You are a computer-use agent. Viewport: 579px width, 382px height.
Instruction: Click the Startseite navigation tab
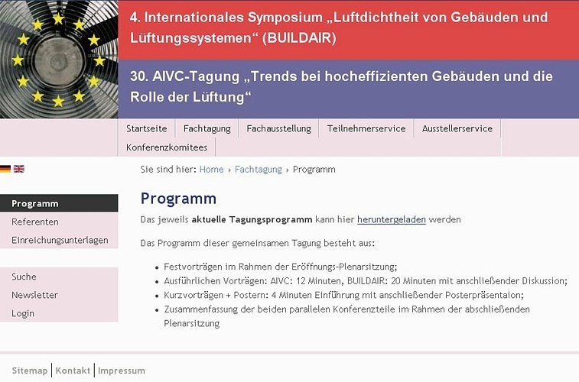[147, 128]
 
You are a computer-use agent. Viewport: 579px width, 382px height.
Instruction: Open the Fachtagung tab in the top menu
[207, 128]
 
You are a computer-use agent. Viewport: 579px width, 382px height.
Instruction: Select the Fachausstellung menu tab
[278, 128]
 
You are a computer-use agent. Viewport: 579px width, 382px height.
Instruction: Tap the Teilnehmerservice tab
[366, 128]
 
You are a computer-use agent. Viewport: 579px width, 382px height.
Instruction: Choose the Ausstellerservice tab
[457, 128]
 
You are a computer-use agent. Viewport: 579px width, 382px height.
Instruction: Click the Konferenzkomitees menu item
[167, 147]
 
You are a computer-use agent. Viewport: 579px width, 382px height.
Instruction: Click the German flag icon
[5, 169]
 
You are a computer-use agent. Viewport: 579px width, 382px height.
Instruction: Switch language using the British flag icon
[19, 169]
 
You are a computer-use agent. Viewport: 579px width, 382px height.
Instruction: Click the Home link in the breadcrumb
[212, 170]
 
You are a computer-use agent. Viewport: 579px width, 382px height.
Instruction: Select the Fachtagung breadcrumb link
[259, 170]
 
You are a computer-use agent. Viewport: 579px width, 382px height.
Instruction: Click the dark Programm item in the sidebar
[59, 203]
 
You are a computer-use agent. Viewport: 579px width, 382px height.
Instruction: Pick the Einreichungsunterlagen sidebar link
[59, 240]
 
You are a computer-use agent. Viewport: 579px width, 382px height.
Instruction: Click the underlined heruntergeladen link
[392, 219]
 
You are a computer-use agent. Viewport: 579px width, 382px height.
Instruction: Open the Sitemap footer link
[30, 371]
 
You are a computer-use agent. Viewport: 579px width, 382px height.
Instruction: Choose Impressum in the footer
[122, 371]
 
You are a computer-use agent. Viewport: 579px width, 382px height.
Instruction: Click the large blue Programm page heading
[178, 199]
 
